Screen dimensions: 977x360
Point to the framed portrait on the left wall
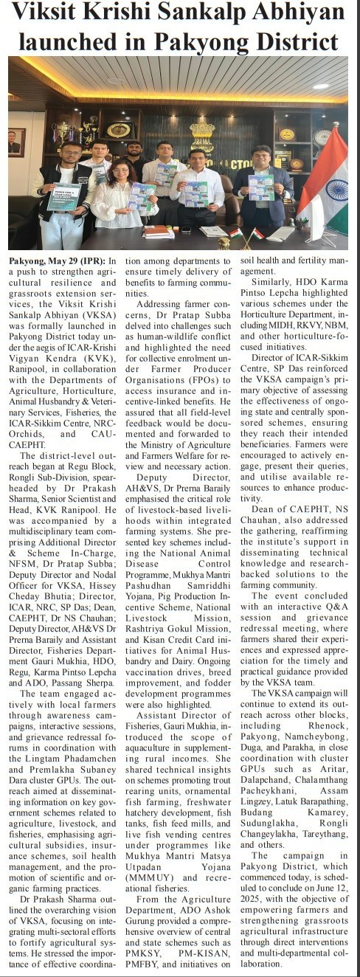pyautogui.click(x=15, y=142)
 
